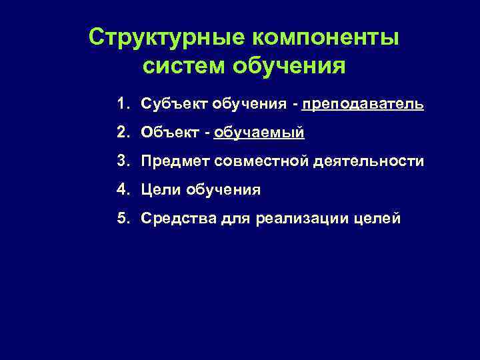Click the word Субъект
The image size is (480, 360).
pyautogui.click(x=174, y=105)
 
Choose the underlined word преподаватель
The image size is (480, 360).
pyautogui.click(x=362, y=105)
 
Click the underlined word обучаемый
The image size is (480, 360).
pyautogui.click(x=259, y=133)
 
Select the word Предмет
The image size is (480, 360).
pyautogui.click(x=172, y=161)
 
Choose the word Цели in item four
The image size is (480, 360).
pyautogui.click(x=159, y=190)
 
